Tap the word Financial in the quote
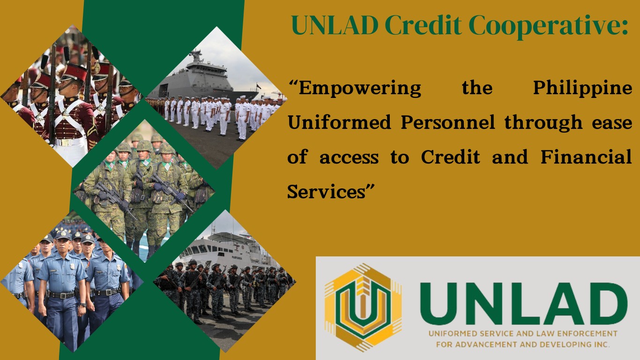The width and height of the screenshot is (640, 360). [586, 157]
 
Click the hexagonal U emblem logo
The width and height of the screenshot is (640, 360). [363, 307]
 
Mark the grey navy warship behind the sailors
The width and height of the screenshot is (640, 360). [206, 80]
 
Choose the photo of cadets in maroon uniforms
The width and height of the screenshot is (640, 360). [70, 98]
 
